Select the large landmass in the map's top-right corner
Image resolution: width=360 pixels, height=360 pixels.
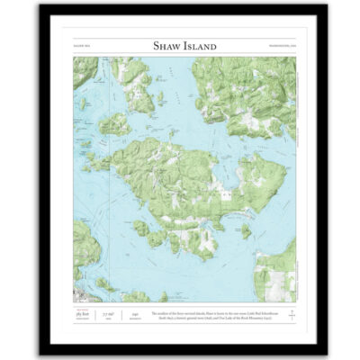(256, 90)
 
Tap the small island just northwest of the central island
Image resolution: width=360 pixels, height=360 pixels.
(114, 124)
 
